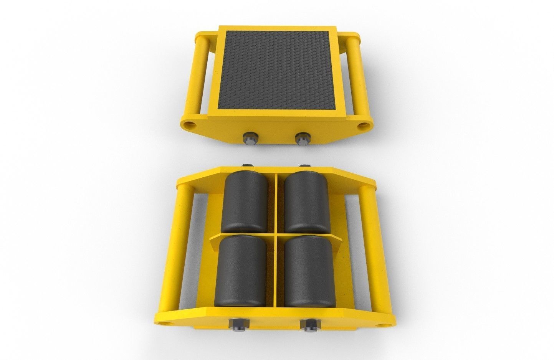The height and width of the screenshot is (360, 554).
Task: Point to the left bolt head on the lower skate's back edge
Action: [248, 166]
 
